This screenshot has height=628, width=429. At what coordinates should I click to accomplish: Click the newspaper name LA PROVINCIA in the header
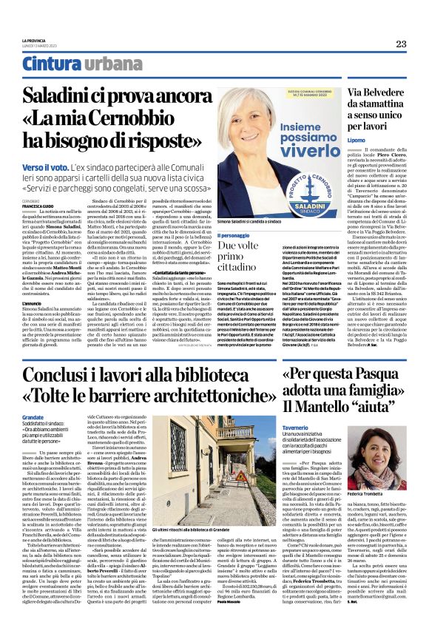(x=34, y=40)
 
